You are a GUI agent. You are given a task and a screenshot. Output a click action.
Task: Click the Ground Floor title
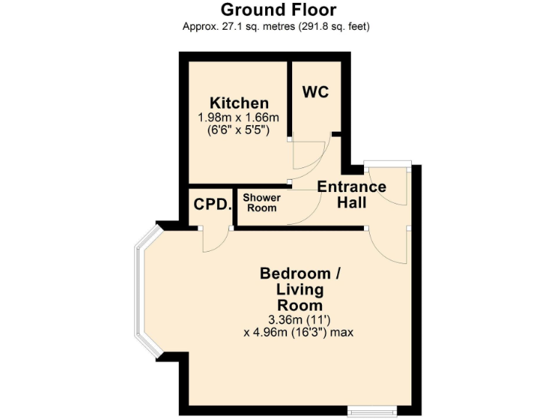pyautogui.click(x=278, y=10)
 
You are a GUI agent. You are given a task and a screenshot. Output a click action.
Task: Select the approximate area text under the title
pyautogui.click(x=278, y=27)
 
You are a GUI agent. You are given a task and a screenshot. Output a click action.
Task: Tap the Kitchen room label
pyautogui.click(x=239, y=103)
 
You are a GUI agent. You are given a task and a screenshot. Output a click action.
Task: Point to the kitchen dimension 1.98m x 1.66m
pyautogui.click(x=239, y=117)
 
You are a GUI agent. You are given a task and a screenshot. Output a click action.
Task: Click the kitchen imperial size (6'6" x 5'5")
pyautogui.click(x=239, y=131)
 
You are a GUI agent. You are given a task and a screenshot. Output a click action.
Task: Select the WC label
pyautogui.click(x=315, y=92)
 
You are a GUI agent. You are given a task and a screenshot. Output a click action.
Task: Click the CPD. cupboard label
pyautogui.click(x=212, y=204)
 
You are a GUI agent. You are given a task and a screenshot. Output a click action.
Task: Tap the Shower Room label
pyautogui.click(x=260, y=203)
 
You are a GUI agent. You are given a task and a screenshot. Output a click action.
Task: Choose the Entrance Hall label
pyautogui.click(x=352, y=194)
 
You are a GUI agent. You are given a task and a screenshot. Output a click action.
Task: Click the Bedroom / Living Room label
pyautogui.click(x=300, y=290)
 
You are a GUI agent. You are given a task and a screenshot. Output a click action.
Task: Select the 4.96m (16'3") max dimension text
pyautogui.click(x=300, y=332)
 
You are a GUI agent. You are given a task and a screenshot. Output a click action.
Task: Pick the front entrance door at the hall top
pyautogui.click(x=388, y=185)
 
